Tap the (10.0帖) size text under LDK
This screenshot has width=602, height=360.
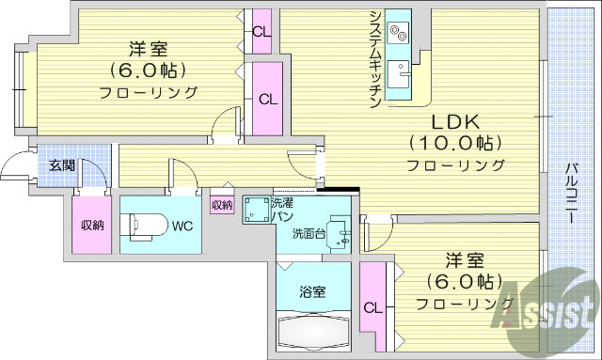(455, 144)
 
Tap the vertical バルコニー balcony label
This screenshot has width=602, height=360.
(571, 194)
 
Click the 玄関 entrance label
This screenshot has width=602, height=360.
(62, 166)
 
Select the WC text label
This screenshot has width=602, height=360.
(182, 225)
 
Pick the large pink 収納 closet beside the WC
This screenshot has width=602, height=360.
(92, 224)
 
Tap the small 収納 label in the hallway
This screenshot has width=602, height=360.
(222, 204)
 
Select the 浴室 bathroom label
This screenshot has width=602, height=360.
(313, 291)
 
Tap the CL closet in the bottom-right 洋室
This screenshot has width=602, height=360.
(373, 306)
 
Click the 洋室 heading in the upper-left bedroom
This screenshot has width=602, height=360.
(148, 50)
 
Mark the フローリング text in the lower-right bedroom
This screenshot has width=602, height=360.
(465, 304)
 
